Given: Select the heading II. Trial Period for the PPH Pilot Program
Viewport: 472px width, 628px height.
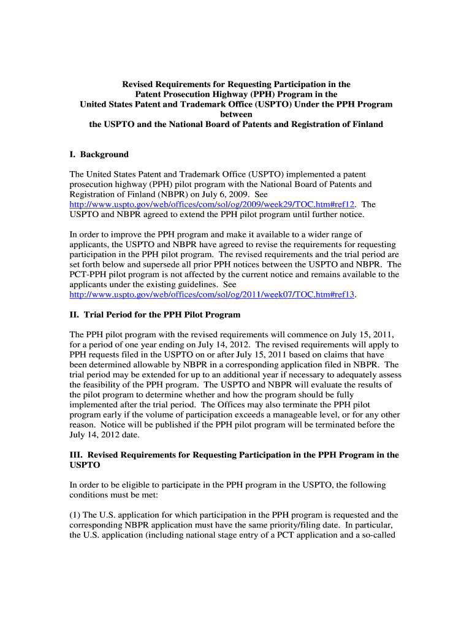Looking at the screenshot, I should (x=155, y=315).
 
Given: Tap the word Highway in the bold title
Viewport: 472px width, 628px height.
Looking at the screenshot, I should (x=246, y=94).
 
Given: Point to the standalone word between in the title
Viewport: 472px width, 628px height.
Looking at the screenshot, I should (x=236, y=115).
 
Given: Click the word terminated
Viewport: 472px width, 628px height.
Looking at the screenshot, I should (x=336, y=424).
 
